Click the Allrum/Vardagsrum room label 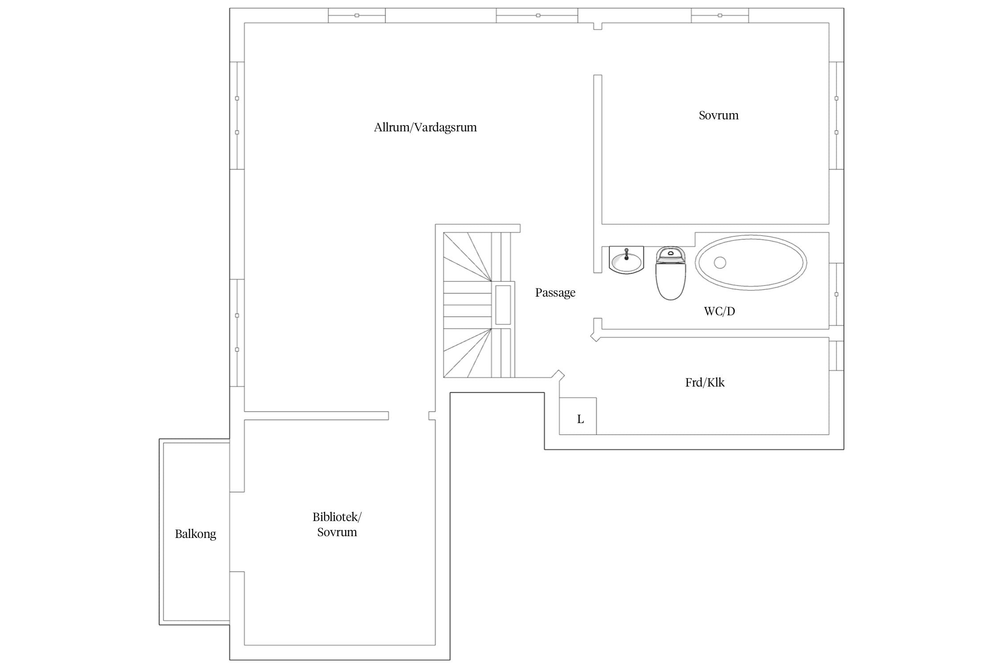[425, 128]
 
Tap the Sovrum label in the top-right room [718, 115]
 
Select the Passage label [555, 293]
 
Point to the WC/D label [719, 311]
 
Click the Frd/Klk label [705, 383]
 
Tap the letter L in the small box [580, 419]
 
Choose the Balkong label [196, 534]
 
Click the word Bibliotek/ [337, 517]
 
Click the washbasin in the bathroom [626, 259]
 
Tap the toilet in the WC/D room [670, 273]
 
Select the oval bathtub [751, 263]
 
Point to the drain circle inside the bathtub [720, 263]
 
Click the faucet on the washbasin [626, 254]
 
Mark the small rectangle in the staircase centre [503, 305]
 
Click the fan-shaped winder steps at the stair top [468, 257]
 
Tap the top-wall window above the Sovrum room [720, 16]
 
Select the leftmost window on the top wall [357, 16]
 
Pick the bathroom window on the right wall [836, 294]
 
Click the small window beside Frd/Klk [836, 356]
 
